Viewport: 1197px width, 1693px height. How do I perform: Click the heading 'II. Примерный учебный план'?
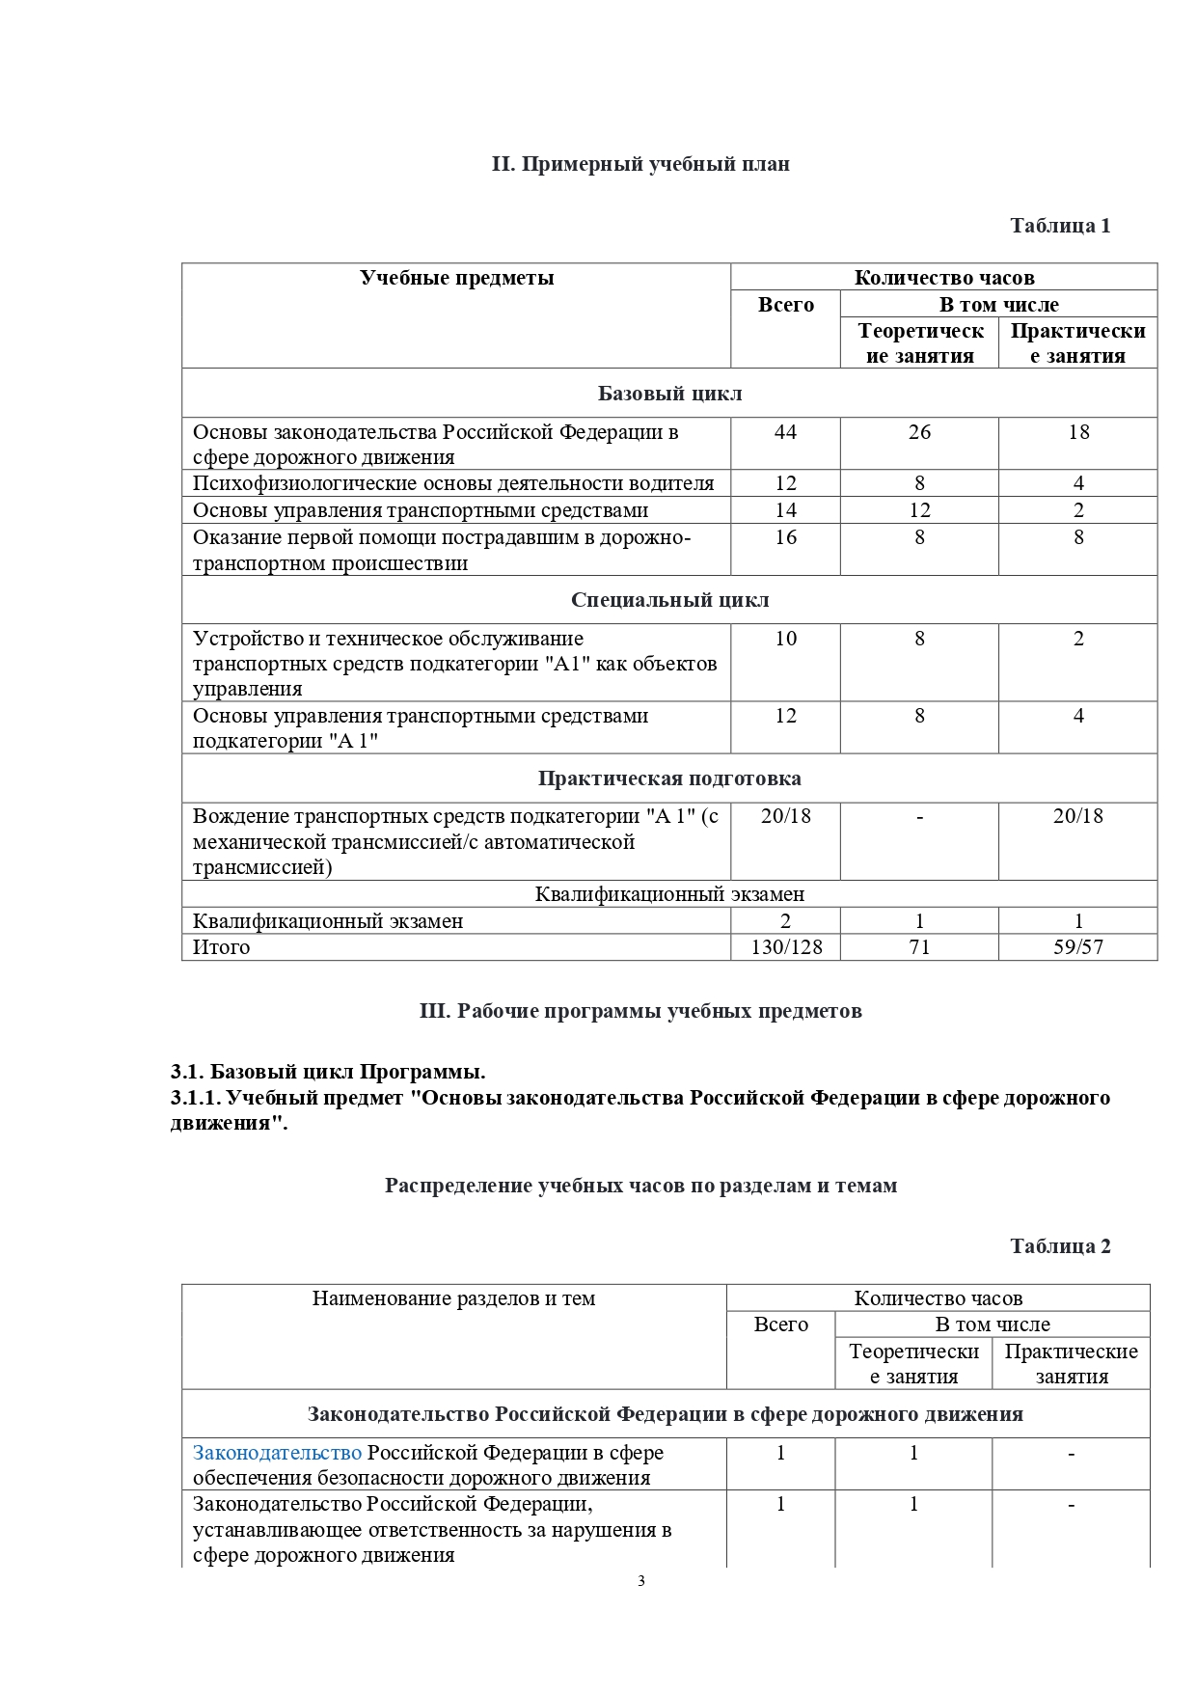pyautogui.click(x=640, y=164)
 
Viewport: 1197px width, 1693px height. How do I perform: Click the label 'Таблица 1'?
pyautogui.click(x=1059, y=226)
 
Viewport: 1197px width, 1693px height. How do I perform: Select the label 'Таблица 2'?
pyautogui.click(x=1059, y=1246)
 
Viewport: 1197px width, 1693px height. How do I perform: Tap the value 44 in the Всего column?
pyautogui.click(x=785, y=432)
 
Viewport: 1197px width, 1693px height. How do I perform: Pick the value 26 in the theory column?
pyautogui.click(x=919, y=432)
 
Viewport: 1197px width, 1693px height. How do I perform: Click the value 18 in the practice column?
pyautogui.click(x=1078, y=432)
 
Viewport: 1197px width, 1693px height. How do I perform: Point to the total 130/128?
pyautogui.click(x=786, y=947)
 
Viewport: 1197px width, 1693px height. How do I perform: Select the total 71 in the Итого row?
pyautogui.click(x=919, y=947)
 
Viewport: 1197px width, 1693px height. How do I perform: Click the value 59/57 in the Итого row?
pyautogui.click(x=1078, y=947)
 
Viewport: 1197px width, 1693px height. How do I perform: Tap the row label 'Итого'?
pyautogui.click(x=221, y=947)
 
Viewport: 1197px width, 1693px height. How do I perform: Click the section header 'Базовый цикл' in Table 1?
pyautogui.click(x=669, y=394)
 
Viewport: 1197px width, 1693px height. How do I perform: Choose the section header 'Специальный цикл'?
pyautogui.click(x=669, y=600)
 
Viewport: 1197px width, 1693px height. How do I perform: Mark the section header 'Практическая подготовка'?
pyautogui.click(x=669, y=778)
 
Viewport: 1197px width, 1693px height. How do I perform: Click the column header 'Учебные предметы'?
pyautogui.click(x=456, y=278)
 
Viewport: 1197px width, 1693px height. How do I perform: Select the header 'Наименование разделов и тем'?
pyautogui.click(x=453, y=1298)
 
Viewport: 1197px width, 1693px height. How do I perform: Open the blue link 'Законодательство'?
pyautogui.click(x=277, y=1453)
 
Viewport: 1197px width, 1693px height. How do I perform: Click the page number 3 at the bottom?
pyautogui.click(x=640, y=1580)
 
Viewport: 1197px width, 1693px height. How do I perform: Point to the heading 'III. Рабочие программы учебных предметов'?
pyautogui.click(x=640, y=1011)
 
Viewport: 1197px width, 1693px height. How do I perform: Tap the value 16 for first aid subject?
pyautogui.click(x=785, y=537)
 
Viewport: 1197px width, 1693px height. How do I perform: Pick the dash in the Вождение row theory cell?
pyautogui.click(x=919, y=817)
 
